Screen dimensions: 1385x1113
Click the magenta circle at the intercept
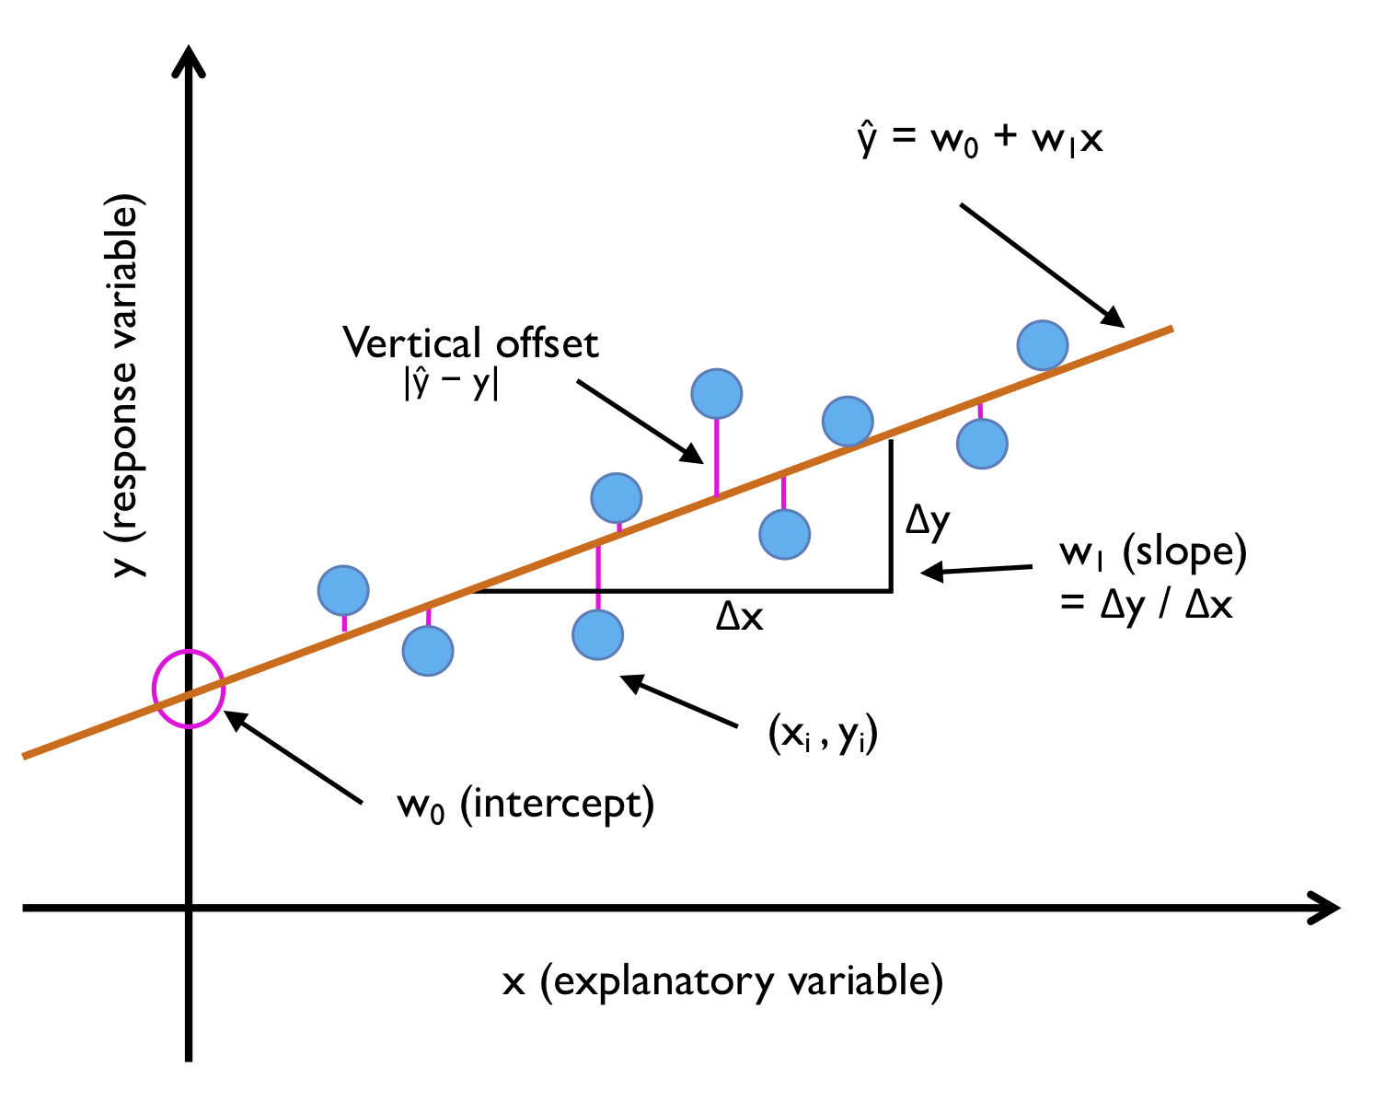[188, 689]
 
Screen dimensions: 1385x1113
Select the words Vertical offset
[470, 343]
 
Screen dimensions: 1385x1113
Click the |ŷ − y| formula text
[451, 383]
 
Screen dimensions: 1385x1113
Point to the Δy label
[928, 521]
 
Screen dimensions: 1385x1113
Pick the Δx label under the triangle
[740, 616]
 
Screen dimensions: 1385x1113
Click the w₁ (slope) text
[1153, 552]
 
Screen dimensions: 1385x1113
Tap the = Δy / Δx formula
[1146, 605]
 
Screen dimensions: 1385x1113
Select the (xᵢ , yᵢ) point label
[823, 736]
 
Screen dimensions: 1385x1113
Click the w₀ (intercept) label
[525, 806]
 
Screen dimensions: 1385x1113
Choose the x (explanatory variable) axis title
[722, 981]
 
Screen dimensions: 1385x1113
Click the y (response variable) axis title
[126, 386]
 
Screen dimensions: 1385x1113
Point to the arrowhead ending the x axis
[1325, 909]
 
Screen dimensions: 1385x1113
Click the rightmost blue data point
[1043, 345]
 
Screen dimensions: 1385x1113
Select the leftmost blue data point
[343, 590]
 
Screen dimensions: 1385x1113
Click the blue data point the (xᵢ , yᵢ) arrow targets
[597, 634]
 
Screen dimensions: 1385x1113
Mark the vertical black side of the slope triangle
[891, 516]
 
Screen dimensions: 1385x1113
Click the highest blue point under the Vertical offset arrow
[717, 393]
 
